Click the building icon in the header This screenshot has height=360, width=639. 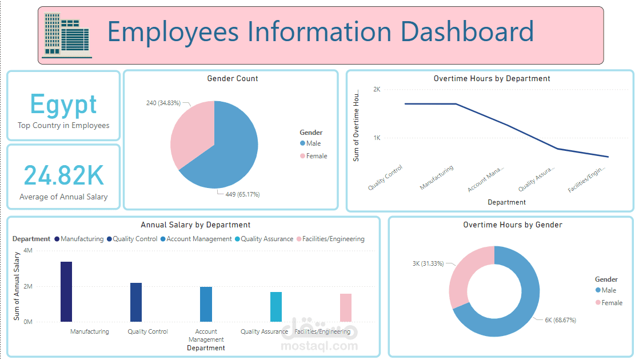pos(67,36)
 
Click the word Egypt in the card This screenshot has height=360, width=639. pos(63,105)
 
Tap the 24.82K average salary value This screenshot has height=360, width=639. pos(63,175)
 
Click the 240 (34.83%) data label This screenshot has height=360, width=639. pos(163,103)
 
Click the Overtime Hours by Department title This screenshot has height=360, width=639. pos(492,79)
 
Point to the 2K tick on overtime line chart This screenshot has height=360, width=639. pos(377,89)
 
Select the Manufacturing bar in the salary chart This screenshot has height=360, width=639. pos(66,291)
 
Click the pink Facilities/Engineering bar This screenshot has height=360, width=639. pos(345,307)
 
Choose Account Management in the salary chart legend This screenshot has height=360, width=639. pos(198,239)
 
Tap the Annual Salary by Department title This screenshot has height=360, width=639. pos(195,225)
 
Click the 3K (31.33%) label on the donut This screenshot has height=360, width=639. pos(428,263)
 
